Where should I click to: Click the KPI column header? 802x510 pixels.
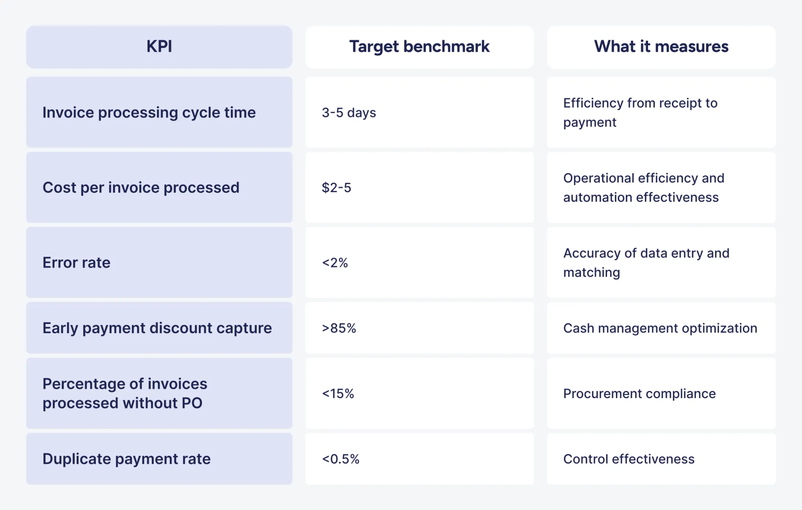click(x=159, y=47)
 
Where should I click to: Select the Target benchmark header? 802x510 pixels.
click(x=419, y=47)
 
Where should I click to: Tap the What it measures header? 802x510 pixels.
click(x=661, y=47)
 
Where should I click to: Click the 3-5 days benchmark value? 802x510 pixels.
click(x=349, y=113)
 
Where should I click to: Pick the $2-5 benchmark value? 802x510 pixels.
click(x=336, y=188)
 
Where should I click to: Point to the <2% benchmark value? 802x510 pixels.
click(x=335, y=263)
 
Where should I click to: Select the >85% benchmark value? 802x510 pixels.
click(x=339, y=328)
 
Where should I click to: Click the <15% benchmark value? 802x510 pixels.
click(x=338, y=393)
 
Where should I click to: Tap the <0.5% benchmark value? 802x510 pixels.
click(x=340, y=459)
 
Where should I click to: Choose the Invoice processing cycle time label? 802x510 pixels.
click(x=149, y=113)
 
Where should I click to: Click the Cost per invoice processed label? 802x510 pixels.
click(x=141, y=188)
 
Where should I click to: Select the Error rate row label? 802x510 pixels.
click(x=76, y=263)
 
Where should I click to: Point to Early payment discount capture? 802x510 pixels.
click(x=157, y=328)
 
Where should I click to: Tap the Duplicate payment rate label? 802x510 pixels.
click(x=126, y=459)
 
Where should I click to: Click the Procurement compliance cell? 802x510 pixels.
click(x=639, y=393)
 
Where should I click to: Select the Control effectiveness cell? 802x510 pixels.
click(x=629, y=459)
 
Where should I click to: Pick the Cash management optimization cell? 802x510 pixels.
click(x=660, y=328)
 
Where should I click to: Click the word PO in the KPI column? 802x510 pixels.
click(x=192, y=403)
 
